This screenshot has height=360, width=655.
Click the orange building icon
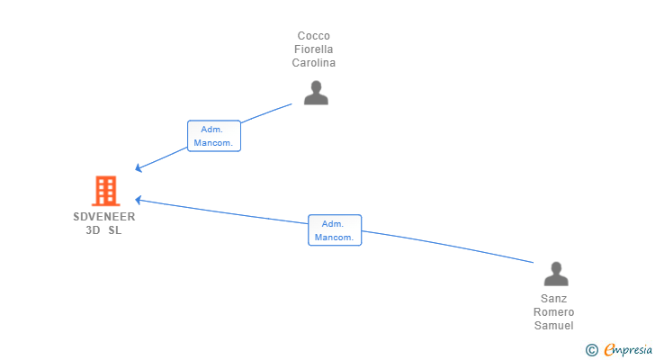105,191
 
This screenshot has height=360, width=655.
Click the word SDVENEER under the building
105,217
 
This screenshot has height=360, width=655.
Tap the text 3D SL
103,230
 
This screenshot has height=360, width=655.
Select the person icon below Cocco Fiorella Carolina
315,93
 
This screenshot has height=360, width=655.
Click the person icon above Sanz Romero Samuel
556,274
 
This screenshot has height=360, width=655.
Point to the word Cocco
313,36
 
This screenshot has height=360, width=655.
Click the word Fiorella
314,49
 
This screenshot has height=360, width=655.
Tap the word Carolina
314,63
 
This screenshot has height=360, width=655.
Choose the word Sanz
553,299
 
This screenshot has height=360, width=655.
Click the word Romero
553,312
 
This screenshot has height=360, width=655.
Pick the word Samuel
553,326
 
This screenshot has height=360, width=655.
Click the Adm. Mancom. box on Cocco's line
213,136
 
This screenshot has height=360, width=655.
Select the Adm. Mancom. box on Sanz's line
334,230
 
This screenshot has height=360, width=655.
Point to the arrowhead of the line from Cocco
139,168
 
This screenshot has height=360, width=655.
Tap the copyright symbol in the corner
591,349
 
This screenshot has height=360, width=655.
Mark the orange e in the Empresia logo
609,349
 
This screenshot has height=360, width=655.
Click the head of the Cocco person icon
315,86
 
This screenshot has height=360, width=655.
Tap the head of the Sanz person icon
556,267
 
